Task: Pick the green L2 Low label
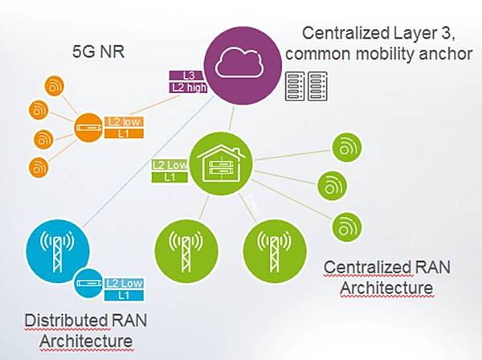(x=169, y=165)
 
